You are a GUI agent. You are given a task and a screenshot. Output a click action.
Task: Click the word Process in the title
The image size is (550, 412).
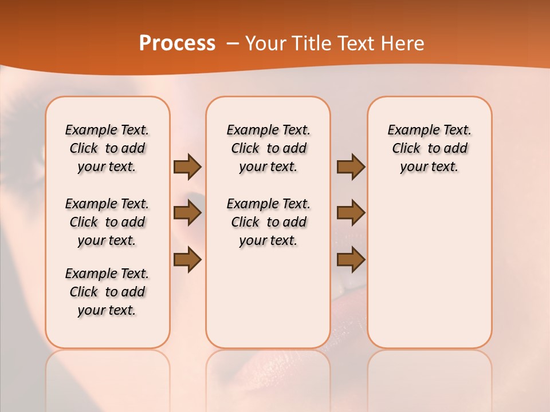[x=177, y=43]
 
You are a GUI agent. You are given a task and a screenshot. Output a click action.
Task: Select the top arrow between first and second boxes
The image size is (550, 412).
[x=187, y=167]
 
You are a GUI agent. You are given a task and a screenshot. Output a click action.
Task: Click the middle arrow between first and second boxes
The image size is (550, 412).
[x=187, y=213]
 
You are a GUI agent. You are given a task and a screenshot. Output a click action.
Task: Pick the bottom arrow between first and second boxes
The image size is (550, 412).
[x=187, y=260]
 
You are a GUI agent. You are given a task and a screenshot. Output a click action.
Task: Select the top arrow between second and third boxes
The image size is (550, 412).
[x=351, y=167]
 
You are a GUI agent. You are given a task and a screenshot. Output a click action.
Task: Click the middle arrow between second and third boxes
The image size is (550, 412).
[x=351, y=213]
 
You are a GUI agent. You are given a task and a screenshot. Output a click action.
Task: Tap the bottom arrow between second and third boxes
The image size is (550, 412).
[x=351, y=260]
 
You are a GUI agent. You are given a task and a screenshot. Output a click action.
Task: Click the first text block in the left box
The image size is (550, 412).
[x=107, y=148]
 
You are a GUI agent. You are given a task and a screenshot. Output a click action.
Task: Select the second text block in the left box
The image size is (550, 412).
[x=107, y=222]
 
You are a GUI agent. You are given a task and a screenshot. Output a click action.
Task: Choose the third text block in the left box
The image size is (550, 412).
[x=107, y=292]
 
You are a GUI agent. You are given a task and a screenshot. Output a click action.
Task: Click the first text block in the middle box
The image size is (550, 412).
[x=268, y=148]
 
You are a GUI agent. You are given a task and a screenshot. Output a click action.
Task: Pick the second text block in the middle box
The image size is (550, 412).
[x=268, y=222]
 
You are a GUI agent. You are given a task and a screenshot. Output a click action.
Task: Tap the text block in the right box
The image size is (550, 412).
[x=429, y=148]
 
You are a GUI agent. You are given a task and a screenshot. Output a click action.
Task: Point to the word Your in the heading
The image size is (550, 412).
[x=263, y=43]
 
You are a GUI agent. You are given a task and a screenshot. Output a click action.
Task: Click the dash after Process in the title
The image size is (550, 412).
[x=233, y=43]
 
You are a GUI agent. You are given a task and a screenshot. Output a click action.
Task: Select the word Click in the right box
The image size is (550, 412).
[x=406, y=149]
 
